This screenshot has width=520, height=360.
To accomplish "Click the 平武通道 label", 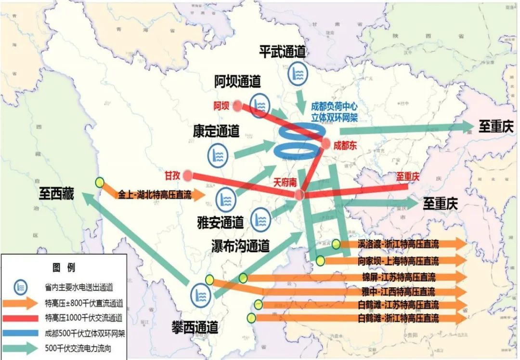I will [283, 52].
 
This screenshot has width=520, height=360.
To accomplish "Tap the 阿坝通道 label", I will [237, 82].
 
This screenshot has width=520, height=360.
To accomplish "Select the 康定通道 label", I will [216, 131].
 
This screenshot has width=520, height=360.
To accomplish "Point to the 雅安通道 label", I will [221, 222].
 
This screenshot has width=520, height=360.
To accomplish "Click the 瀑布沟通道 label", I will [240, 246].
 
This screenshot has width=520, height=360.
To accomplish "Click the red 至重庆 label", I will [408, 177].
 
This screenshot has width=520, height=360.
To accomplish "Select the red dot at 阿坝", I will [237, 106].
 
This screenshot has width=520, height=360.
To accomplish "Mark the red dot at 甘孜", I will [188, 175].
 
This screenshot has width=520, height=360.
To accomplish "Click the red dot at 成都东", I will [326, 144].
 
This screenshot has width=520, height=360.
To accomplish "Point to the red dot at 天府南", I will [299, 194].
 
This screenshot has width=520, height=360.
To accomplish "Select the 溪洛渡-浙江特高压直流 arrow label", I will [399, 245].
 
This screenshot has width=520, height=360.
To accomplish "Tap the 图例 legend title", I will [64, 267].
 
